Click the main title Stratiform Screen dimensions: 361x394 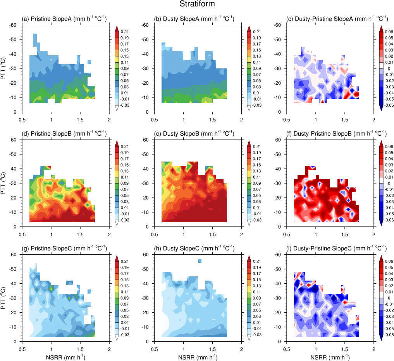[x=197, y=4]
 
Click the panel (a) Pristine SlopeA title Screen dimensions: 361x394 [x=64, y=19]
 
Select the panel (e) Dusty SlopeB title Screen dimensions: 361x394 [x=194, y=133]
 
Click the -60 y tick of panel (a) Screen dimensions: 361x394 [x=14, y=25]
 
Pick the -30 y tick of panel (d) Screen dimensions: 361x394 [x=14, y=183]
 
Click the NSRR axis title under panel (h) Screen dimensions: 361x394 [x=198, y=357]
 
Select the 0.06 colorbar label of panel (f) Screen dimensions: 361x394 [x=389, y=146]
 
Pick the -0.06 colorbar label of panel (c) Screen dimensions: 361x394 [x=389, y=105]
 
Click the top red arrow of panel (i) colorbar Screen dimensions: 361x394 [x=381, y=258]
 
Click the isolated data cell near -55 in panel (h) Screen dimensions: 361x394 [x=200, y=261]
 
